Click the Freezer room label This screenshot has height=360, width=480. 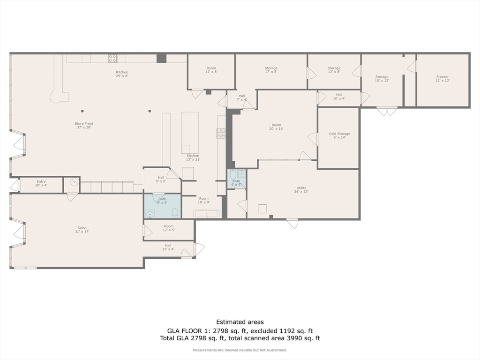point(442,79)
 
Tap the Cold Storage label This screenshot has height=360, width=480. point(339,135)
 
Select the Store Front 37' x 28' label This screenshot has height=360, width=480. point(83,125)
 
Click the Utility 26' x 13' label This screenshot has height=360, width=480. point(301,190)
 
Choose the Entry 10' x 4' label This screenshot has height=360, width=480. point(41,183)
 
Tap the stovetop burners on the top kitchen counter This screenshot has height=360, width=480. point(112,59)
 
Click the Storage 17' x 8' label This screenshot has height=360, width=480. point(271,70)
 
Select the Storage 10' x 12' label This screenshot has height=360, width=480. point(382,79)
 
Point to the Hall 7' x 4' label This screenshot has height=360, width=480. point(242,97)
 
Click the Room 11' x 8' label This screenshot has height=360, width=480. point(211,70)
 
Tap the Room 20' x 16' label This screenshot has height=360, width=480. point(277,127)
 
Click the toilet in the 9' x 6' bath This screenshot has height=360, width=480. point(175,214)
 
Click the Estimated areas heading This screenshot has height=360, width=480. point(240,322)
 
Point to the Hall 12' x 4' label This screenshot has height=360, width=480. point(168,247)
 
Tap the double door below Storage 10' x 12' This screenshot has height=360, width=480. point(387,112)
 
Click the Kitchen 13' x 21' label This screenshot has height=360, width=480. point(193,157)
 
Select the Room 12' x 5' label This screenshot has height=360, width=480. point(169,228)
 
